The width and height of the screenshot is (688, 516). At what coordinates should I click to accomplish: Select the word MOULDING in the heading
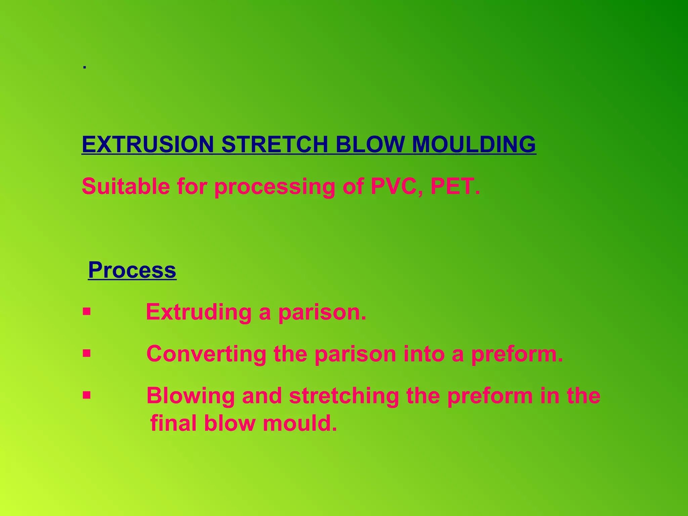point(474,144)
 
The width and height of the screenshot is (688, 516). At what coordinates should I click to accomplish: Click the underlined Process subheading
point(132,270)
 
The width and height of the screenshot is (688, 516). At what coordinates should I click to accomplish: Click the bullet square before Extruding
point(87,312)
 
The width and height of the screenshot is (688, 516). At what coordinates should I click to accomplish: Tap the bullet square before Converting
point(87,353)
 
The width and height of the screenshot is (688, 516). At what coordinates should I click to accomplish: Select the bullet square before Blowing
point(87,395)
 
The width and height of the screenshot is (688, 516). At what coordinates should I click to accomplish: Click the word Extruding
point(199,312)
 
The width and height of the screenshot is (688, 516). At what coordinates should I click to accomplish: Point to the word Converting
point(206,354)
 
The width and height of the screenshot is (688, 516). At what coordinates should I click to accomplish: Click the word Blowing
point(190,396)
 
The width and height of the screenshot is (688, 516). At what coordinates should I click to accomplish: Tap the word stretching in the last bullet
point(344,396)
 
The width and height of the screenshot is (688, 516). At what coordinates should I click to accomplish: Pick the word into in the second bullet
point(424,354)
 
